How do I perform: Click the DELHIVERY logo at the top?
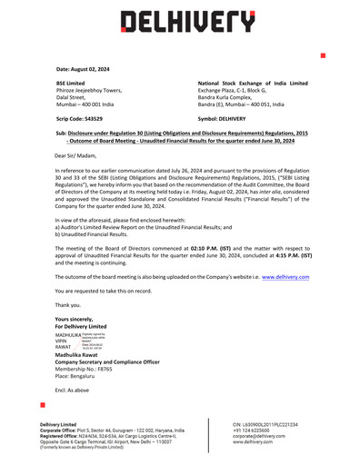tap(181, 20)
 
